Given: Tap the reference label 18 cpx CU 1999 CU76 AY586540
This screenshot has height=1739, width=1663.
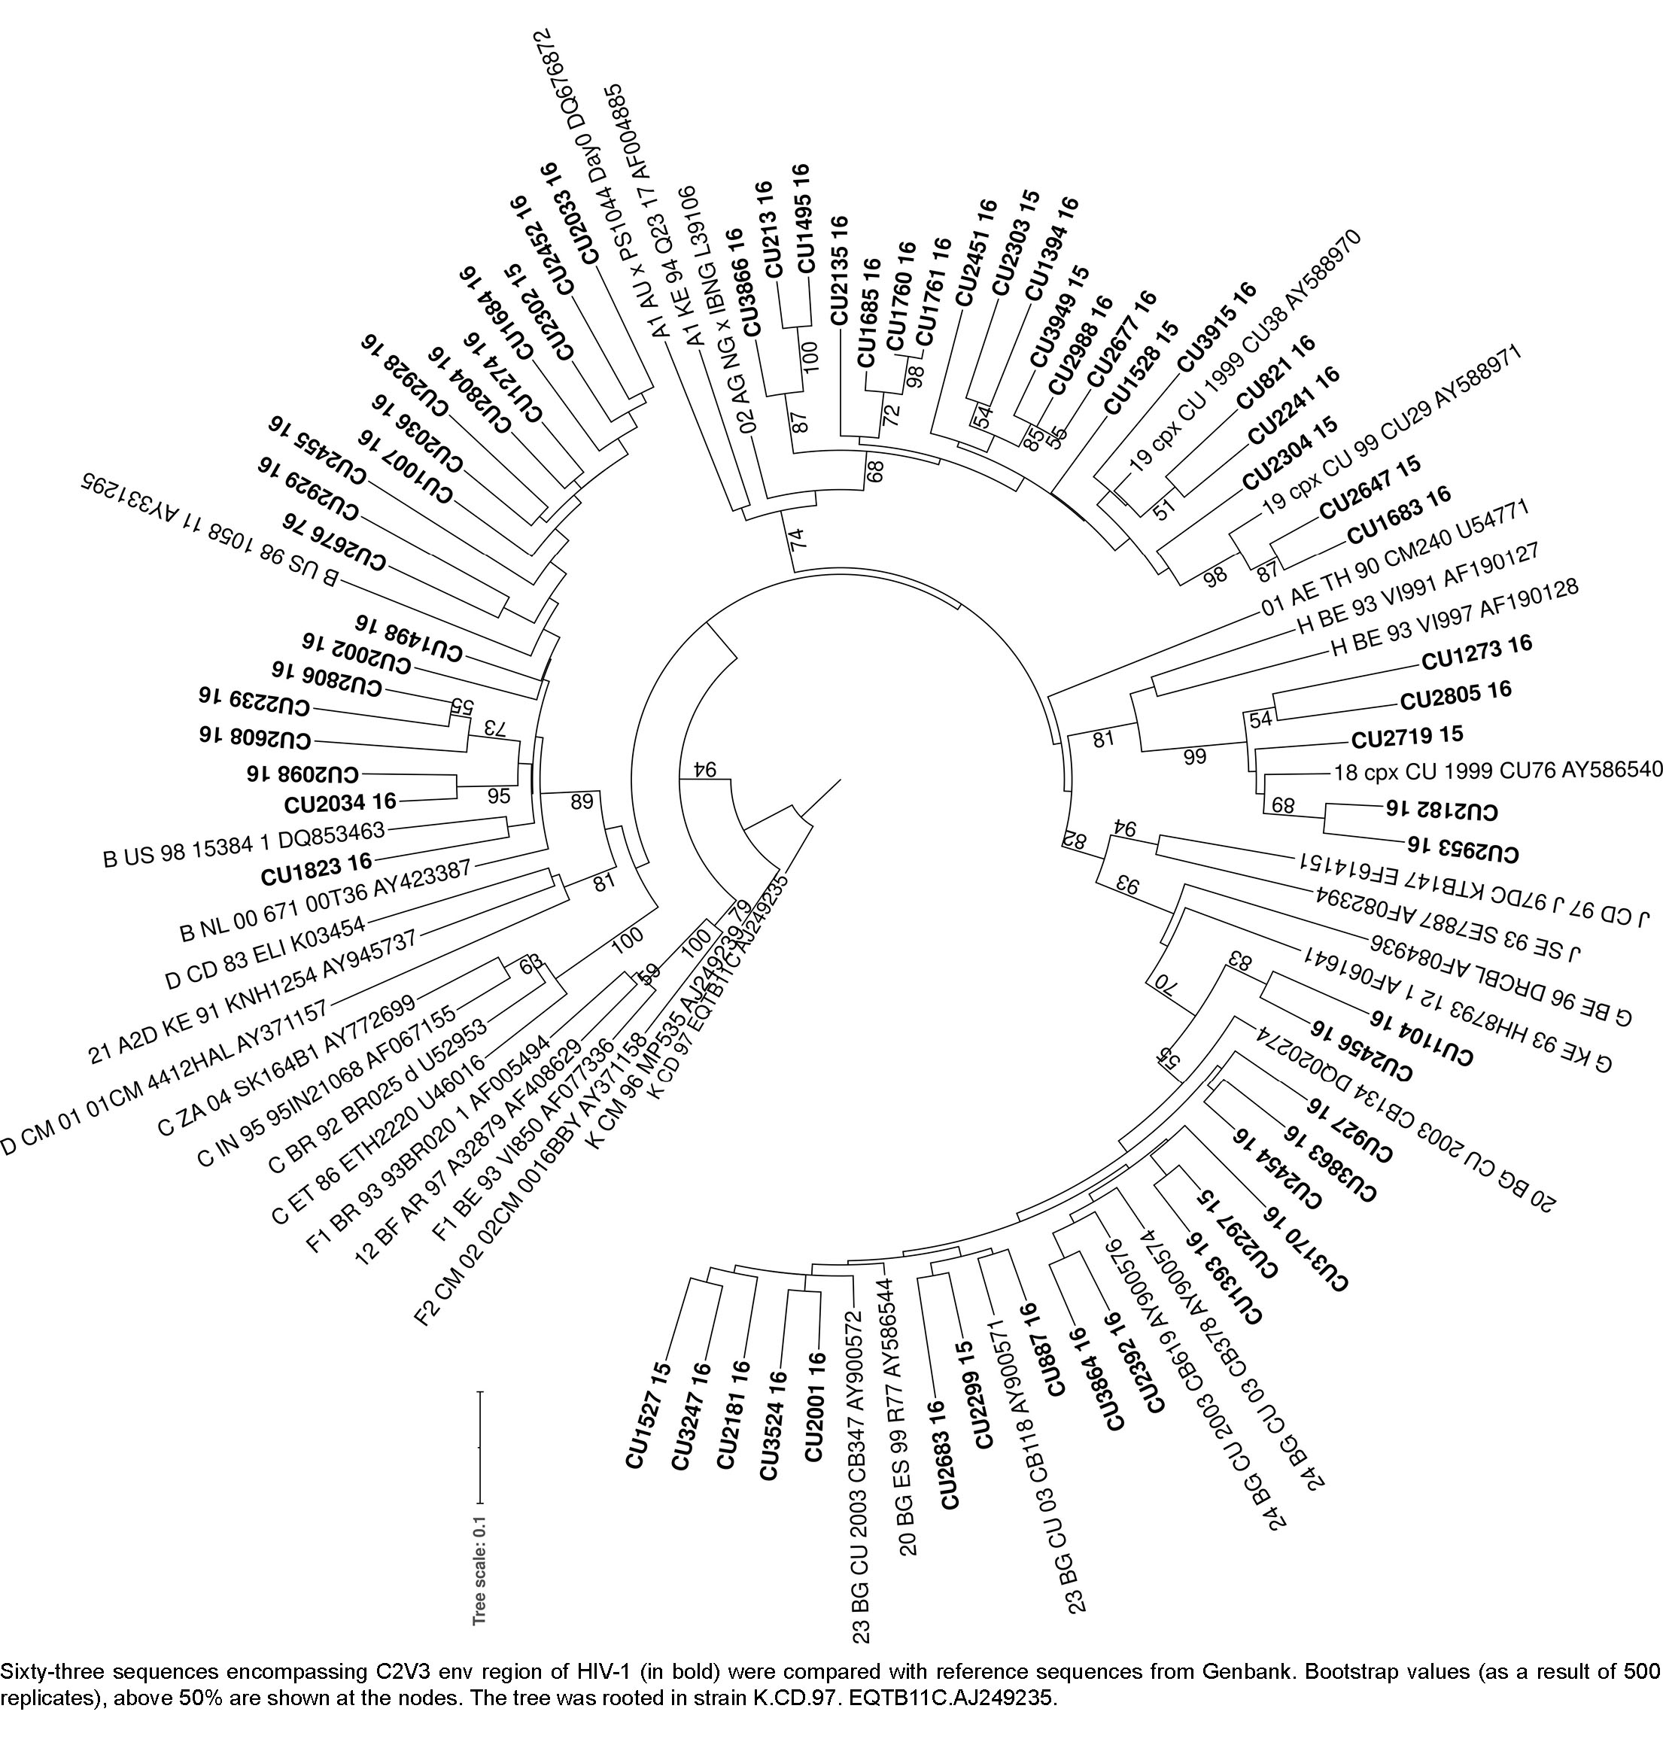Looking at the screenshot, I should pos(1497,771).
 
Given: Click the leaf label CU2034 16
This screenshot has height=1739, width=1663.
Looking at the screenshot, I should pos(339,803).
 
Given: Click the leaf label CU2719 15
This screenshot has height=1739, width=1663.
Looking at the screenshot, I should pos(1407,737).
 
